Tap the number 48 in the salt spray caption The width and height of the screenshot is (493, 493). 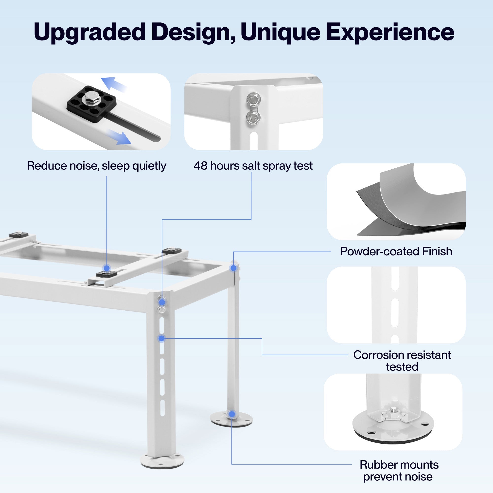[x=200, y=166]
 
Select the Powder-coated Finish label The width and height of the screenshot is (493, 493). [x=396, y=252]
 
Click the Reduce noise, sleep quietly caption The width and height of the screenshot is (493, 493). [x=96, y=166]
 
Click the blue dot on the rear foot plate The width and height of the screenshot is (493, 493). [x=232, y=421]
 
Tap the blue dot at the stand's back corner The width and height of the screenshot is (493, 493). [x=233, y=268]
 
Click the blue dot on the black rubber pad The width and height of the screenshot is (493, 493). [x=107, y=268]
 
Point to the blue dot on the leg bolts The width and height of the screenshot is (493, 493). [x=162, y=303]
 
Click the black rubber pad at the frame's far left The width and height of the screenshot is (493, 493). [x=18, y=234]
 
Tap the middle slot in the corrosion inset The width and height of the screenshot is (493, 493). [x=395, y=313]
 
